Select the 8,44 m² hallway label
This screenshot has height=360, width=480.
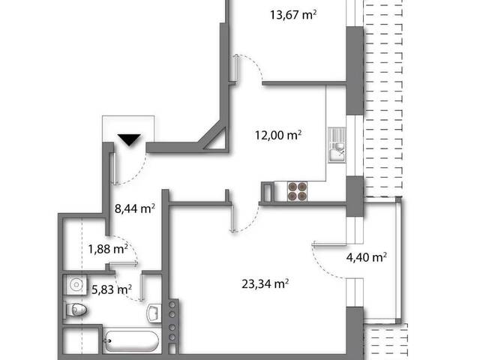[x=133, y=208]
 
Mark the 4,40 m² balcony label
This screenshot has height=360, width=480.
[x=365, y=256]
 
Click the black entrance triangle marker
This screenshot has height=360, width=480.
[x=129, y=139]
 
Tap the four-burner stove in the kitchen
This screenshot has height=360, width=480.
[x=296, y=192]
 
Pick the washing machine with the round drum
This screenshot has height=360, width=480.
[x=76, y=286]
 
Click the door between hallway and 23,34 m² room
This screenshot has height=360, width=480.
[x=244, y=216]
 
